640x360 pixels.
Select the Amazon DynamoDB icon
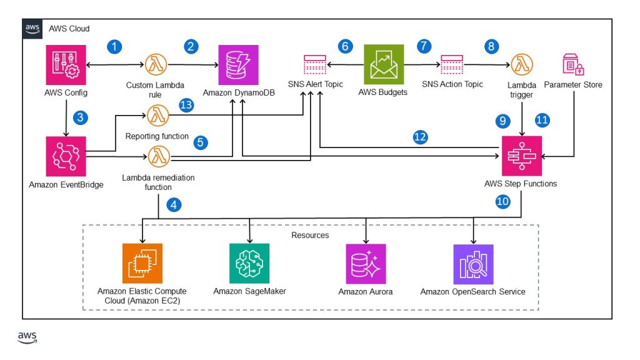click(238, 64)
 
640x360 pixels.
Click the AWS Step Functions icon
click(522, 156)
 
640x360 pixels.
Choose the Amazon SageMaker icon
click(250, 263)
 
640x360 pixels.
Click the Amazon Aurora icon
click(366, 263)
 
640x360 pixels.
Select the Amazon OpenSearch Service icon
click(473, 263)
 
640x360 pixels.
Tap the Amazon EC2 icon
click(142, 263)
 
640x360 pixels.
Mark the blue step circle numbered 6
click(344, 46)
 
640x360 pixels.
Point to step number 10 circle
click(503, 201)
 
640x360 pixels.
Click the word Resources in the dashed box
click(310, 235)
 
